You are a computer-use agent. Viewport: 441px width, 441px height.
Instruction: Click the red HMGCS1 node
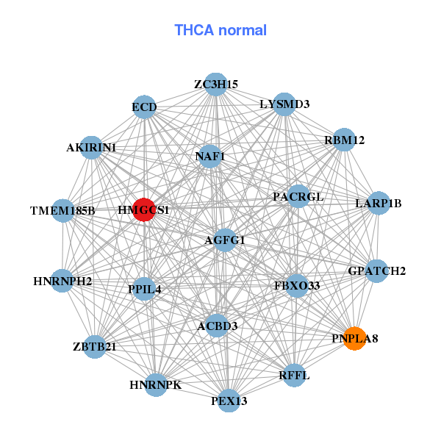pos(144,209)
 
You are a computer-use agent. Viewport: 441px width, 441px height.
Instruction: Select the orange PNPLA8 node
pos(354,338)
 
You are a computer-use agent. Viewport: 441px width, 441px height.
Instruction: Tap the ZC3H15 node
pos(215,85)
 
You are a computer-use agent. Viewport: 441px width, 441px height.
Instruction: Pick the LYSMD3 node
pos(284,104)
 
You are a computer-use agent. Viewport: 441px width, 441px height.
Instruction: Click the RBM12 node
pos(344,140)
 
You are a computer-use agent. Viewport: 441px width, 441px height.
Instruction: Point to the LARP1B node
pos(378,203)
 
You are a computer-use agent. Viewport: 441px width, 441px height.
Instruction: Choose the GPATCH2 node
pos(376,270)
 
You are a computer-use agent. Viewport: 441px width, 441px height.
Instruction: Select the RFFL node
pos(294,376)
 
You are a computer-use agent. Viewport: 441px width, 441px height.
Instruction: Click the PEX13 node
pos(229,401)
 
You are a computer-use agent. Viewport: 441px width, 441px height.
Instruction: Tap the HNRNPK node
pos(155,384)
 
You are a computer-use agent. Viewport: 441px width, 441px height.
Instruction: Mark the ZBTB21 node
pos(95,346)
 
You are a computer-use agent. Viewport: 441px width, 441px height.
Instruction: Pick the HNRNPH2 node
pos(62,281)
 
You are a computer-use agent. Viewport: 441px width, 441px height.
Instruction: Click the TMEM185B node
pos(63,211)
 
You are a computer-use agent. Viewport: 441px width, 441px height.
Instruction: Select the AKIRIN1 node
pos(91,148)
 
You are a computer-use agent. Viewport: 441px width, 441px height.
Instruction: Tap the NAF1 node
pos(210,156)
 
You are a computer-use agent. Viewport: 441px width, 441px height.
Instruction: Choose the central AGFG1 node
pos(225,240)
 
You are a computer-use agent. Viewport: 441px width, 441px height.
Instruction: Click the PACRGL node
pos(298,197)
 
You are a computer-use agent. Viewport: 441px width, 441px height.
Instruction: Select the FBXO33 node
pos(296,285)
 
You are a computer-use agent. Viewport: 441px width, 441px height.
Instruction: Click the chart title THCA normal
pos(220,30)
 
